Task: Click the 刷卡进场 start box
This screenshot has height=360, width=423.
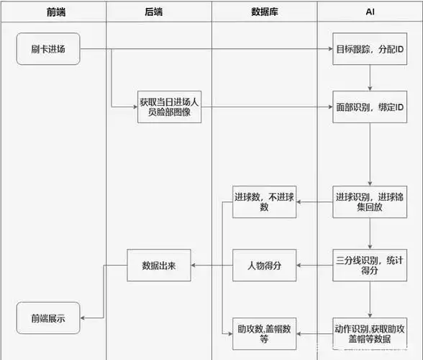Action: pos(47,49)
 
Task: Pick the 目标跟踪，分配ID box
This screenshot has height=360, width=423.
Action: pos(370,49)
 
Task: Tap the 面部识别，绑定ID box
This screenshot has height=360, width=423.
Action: pos(370,107)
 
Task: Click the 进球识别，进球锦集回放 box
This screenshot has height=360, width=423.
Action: pos(370,202)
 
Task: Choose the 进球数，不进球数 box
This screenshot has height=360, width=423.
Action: pos(264,202)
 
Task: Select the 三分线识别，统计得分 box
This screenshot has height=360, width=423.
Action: pos(370,265)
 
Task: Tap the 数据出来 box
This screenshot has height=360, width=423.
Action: pos(159,265)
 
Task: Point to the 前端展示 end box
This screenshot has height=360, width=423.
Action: pos(47,318)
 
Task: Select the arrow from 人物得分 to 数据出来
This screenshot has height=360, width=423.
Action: pos(211,265)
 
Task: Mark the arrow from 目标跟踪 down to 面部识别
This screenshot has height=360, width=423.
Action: pos(370,78)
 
